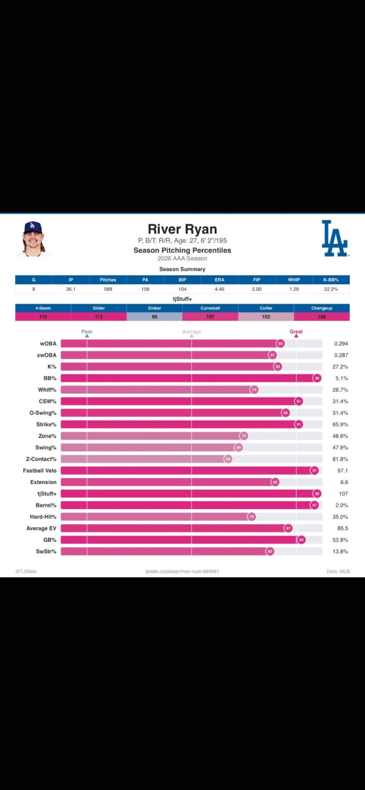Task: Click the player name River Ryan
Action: point(182,229)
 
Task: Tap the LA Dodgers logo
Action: point(335,238)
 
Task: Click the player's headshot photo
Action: point(33,239)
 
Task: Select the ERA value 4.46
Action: point(220,289)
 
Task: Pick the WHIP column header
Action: point(294,280)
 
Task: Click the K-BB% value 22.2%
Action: point(331,289)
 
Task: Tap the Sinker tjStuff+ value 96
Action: point(155,317)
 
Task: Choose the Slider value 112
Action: point(99,317)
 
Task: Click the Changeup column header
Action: point(322,308)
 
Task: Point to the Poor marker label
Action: point(87,332)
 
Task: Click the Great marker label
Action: point(296,332)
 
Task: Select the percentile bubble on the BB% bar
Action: point(317,378)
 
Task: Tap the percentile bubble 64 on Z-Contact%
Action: point(228,459)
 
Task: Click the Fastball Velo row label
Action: point(40,470)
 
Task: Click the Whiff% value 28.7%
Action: point(340,390)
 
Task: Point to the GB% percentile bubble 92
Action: point(301,540)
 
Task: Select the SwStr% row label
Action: point(46,552)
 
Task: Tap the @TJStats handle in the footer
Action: point(26,571)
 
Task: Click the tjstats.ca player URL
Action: point(182,571)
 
